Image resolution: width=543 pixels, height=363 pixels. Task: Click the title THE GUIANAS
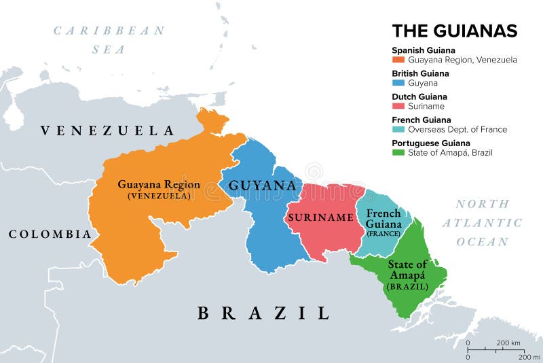(x=454, y=31)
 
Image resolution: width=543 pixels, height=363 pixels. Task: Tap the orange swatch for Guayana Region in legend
(x=398, y=60)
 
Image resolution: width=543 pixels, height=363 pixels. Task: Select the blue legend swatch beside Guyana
(x=398, y=83)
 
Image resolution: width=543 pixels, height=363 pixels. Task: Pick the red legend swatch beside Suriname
(x=398, y=106)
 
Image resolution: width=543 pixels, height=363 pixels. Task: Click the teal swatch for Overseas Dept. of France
(x=398, y=129)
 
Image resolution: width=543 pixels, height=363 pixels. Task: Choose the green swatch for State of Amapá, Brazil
(x=398, y=152)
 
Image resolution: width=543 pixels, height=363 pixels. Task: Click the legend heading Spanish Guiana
(x=424, y=50)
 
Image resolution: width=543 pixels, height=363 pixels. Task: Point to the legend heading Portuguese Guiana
(x=430, y=143)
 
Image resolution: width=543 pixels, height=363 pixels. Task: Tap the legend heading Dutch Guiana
(x=419, y=97)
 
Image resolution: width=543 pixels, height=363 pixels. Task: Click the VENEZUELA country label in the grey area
(x=107, y=131)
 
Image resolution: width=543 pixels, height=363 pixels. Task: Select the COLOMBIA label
(x=50, y=234)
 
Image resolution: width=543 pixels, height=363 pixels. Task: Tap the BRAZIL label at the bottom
(x=263, y=313)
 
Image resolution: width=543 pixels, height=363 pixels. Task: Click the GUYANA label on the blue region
(x=262, y=186)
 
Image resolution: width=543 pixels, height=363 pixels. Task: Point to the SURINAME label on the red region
(x=321, y=218)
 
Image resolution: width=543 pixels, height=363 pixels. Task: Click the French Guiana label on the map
(x=383, y=218)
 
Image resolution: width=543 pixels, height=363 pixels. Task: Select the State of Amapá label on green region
(x=408, y=270)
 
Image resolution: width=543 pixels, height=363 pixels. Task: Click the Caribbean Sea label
(x=109, y=39)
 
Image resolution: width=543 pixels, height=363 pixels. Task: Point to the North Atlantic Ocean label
(x=482, y=222)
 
